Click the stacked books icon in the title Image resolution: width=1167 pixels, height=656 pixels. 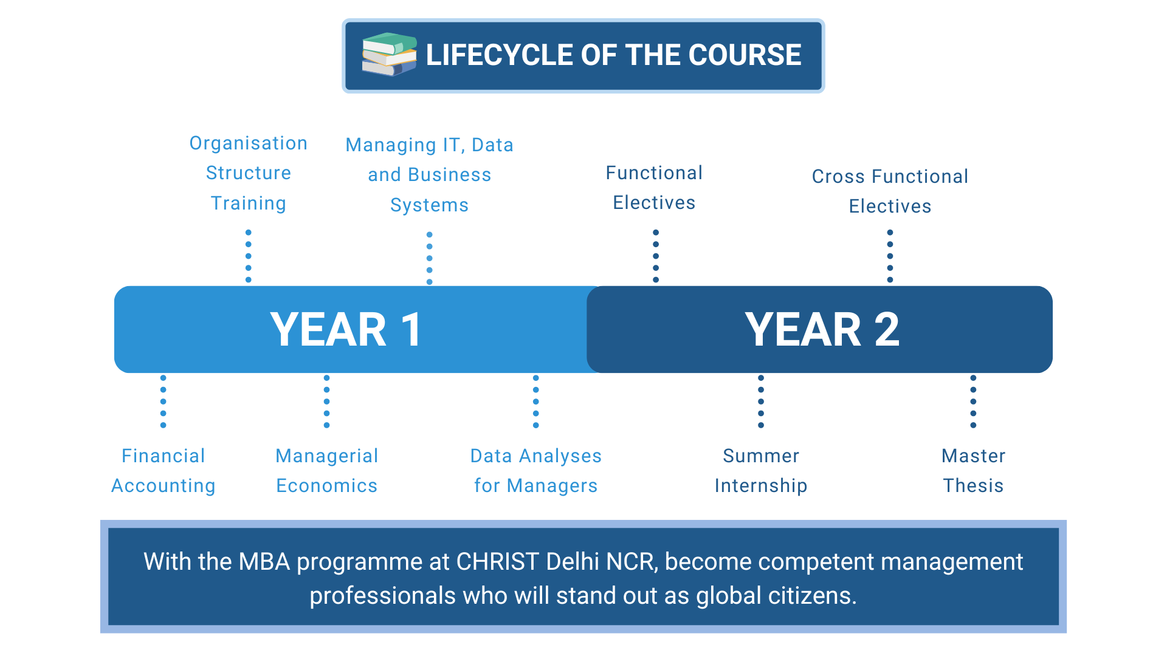[390, 55]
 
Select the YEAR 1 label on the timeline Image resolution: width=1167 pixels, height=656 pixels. [346, 330]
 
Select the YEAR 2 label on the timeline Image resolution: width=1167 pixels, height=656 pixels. [822, 330]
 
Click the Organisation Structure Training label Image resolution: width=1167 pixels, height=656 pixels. [249, 173]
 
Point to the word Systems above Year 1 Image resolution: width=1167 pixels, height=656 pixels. [430, 205]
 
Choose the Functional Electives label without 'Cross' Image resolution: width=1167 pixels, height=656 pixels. [655, 188]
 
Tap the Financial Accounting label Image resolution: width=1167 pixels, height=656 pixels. [164, 471]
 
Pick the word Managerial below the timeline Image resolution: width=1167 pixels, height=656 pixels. [327, 456]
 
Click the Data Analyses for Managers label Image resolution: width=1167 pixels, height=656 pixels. [536, 471]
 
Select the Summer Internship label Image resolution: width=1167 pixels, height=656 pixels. [761, 471]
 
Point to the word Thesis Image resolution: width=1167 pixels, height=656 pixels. [973, 486]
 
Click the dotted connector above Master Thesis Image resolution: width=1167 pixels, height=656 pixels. [973, 401]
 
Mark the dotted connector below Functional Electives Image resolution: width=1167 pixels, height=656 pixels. [656, 256]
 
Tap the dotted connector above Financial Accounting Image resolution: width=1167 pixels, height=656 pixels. [163, 401]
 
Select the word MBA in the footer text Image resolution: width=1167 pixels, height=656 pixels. [264, 562]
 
